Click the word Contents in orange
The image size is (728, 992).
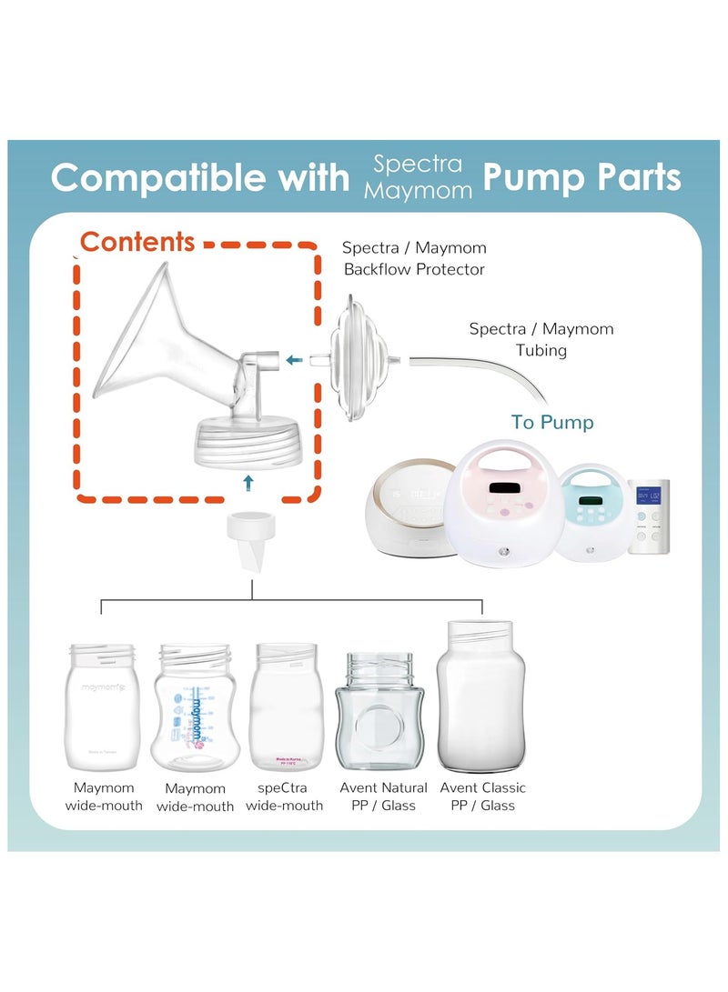pos(136,242)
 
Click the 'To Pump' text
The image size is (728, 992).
pos(551,422)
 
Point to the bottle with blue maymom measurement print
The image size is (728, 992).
pos(196,708)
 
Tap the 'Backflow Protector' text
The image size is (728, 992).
pos(414,269)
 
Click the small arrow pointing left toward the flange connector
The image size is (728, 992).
pos(293,361)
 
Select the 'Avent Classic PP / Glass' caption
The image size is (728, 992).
pos(482,797)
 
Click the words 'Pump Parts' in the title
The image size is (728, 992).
pos(581,177)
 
